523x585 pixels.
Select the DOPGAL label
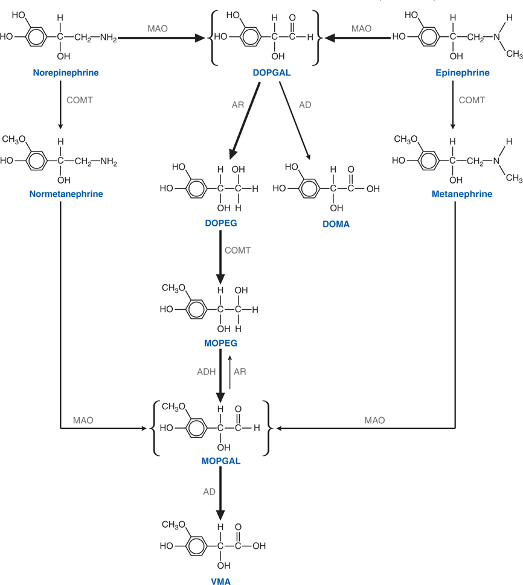[266, 73]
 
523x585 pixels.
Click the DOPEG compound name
[220, 223]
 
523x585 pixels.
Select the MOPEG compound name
[220, 343]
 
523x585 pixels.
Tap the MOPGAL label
[220, 461]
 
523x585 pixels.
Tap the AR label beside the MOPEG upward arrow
[240, 372]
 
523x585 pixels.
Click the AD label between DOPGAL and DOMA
[305, 104]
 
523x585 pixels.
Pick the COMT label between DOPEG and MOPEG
[237, 250]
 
